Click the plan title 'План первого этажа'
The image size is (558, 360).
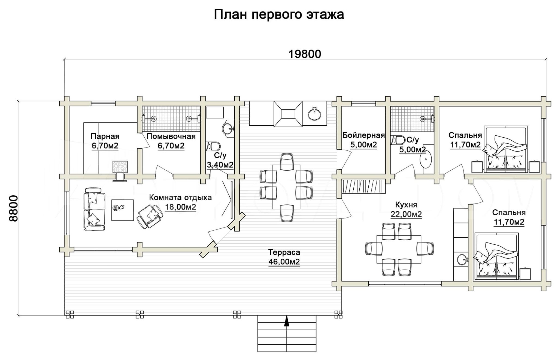click(279, 15)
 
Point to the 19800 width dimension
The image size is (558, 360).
click(305, 54)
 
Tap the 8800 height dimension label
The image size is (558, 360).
click(13, 208)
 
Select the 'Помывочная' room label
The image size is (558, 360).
click(171, 136)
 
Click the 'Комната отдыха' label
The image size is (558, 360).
click(180, 197)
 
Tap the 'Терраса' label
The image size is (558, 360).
click(284, 252)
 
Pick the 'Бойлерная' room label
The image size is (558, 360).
click(363, 135)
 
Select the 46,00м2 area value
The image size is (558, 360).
click(284, 262)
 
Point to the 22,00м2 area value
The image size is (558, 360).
click(406, 214)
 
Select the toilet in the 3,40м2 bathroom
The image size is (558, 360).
click(213, 146)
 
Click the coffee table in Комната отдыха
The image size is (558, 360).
click(123, 210)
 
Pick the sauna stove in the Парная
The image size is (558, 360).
click(120, 167)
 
